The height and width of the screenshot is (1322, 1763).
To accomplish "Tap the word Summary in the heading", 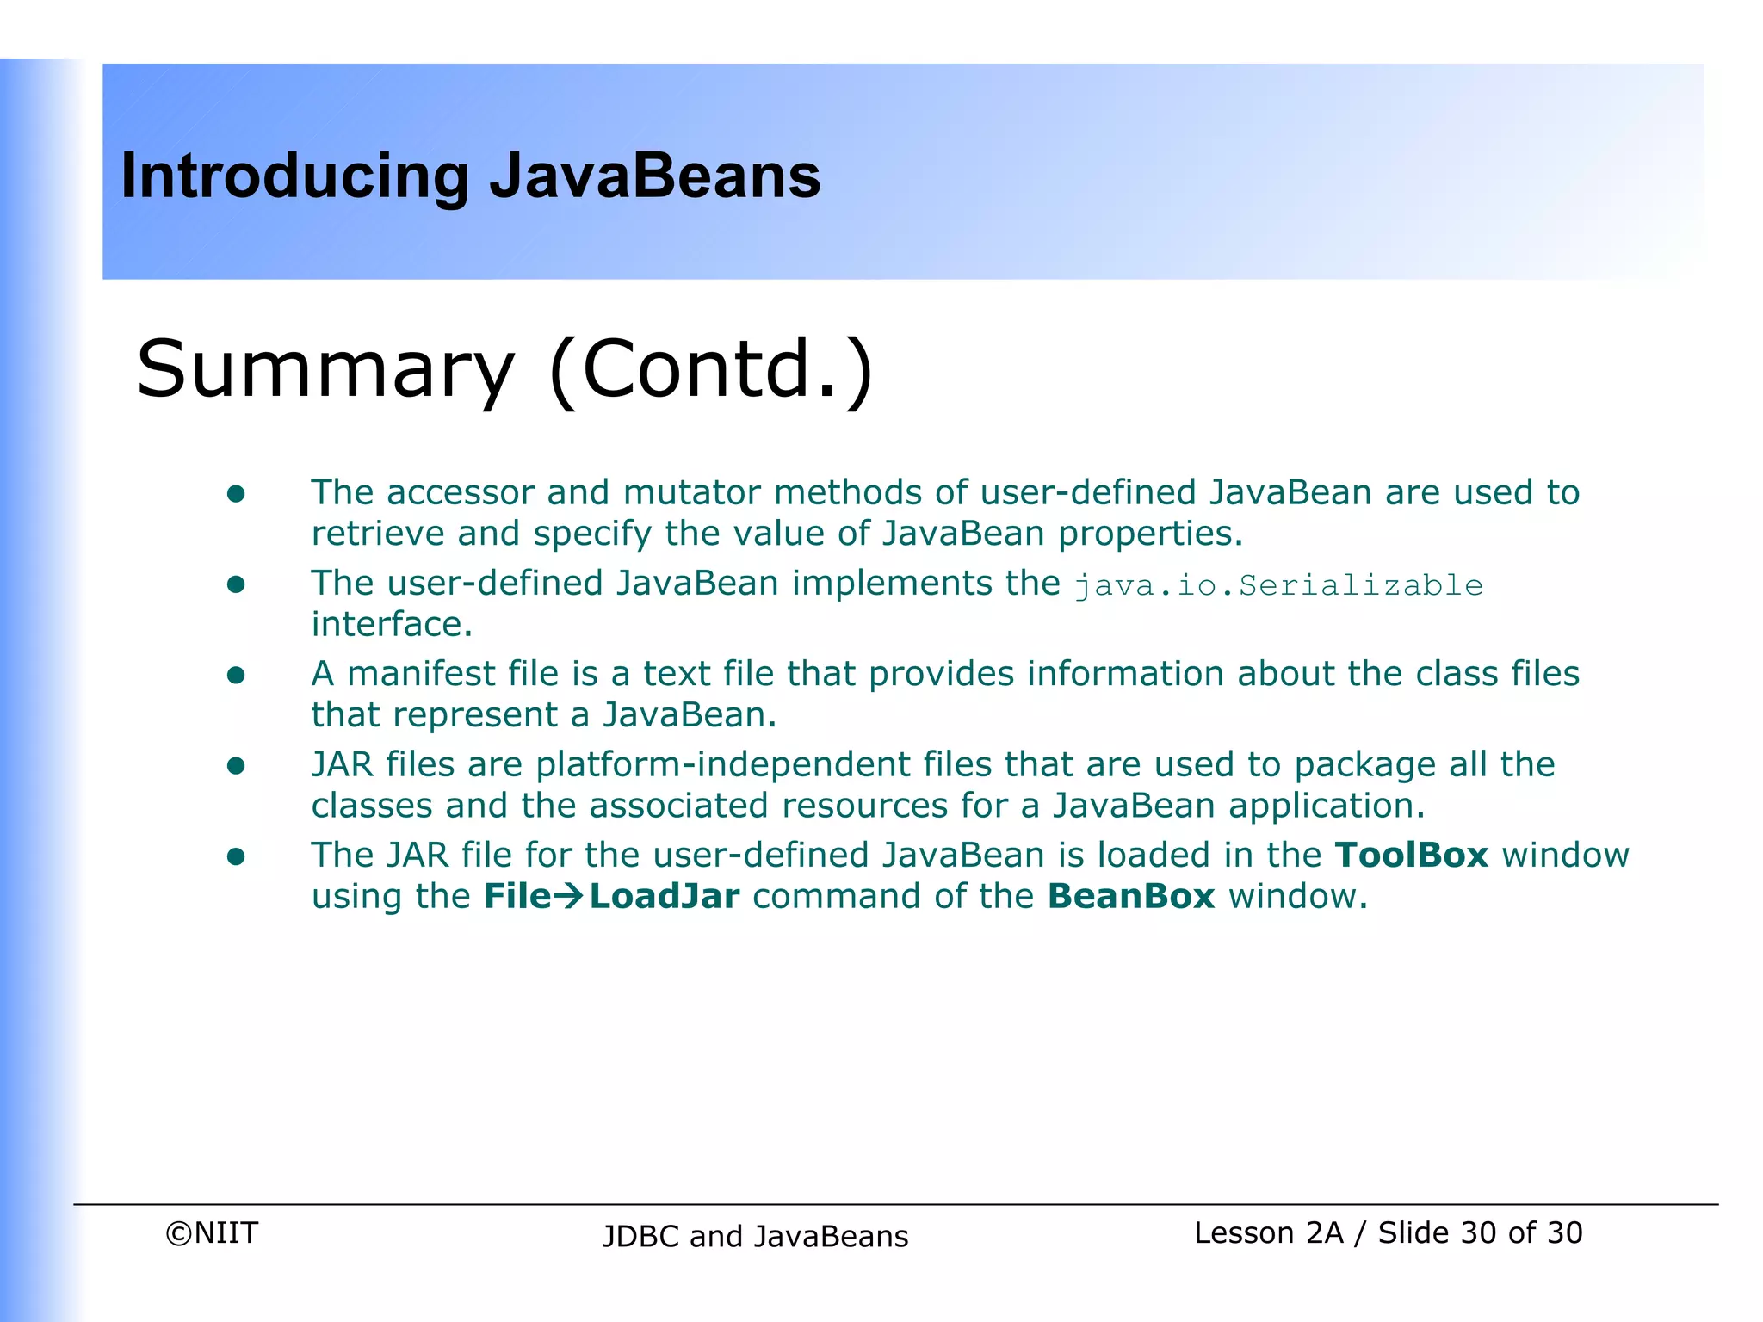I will coord(325,370).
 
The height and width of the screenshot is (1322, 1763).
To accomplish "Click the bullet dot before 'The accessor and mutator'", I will coord(236,494).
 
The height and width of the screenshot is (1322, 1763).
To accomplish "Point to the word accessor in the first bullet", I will coord(461,493).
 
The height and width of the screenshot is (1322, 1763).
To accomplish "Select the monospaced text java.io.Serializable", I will coord(1278,586).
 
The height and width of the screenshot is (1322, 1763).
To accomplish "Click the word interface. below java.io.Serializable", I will coord(392,625).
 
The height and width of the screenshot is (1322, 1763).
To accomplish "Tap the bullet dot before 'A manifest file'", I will coord(236,676).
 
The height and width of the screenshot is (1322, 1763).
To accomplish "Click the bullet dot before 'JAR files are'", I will coord(236,766).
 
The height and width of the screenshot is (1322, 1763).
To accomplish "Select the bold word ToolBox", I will coord(1411,856).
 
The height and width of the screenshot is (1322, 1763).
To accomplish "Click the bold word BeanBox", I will coord(1131,897).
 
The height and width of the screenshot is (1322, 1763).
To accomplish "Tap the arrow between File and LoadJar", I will coord(568,898).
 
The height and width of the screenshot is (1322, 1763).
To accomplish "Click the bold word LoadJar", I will coord(665,897).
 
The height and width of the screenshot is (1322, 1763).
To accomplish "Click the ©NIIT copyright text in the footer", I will coord(212,1233).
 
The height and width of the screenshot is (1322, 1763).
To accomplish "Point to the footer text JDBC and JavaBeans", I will coord(755,1237).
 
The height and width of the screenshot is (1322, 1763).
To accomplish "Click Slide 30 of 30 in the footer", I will coord(1480,1233).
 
